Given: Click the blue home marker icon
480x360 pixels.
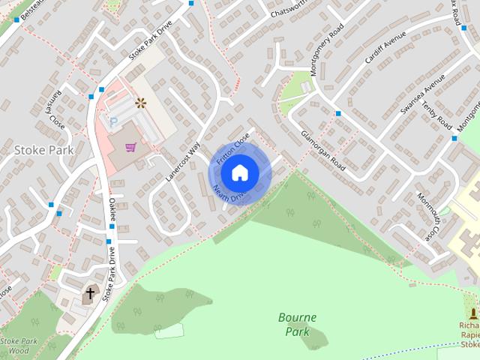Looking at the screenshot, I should coord(239,172).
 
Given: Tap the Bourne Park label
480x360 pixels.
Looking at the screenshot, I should coord(297,324).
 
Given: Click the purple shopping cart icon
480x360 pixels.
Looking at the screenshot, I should coord(131,147).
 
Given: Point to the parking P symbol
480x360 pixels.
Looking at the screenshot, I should coord(114,121).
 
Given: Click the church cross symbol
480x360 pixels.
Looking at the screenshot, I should coord(91,293).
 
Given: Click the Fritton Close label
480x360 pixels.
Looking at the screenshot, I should coord(232,148).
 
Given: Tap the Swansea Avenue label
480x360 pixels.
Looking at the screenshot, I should coord(417,98).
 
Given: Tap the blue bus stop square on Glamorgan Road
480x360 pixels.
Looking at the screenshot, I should coord(338,114).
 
